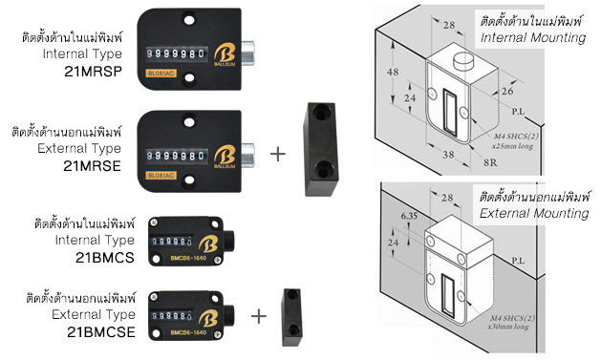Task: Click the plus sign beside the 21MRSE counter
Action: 278,153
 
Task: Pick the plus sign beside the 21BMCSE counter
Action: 259,315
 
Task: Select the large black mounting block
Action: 321,148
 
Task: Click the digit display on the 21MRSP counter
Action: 179,53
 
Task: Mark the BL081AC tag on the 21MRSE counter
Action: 160,175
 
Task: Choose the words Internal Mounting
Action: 540,37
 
